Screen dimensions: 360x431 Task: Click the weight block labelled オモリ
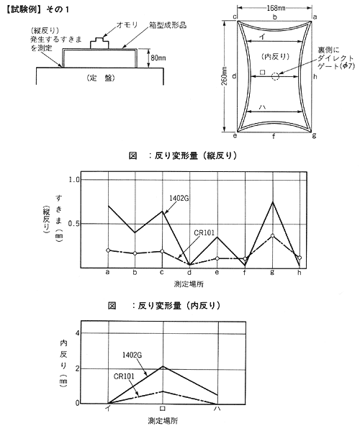(99, 44)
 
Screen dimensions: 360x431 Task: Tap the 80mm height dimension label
(158, 58)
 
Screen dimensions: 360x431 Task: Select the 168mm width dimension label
(276, 9)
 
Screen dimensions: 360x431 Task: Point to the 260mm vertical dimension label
(225, 76)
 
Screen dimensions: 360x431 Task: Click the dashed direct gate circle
(275, 76)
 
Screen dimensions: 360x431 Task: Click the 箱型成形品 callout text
(168, 25)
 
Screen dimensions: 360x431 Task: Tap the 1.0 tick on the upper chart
(73, 180)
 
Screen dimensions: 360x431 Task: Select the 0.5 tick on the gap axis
(73, 224)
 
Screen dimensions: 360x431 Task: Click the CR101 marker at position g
(273, 235)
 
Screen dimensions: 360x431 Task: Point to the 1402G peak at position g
(273, 202)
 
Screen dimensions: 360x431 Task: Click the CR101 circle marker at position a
(108, 250)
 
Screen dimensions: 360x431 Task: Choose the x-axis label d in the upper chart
(189, 273)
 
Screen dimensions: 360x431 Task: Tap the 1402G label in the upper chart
(179, 198)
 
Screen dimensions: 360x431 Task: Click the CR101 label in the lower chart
(124, 376)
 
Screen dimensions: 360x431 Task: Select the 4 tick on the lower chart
(77, 333)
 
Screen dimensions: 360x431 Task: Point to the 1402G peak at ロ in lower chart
(163, 366)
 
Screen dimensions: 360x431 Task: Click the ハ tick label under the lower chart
(217, 409)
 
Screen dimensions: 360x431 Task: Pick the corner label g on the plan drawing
(314, 135)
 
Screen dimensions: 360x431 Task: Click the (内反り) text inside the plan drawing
(275, 57)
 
